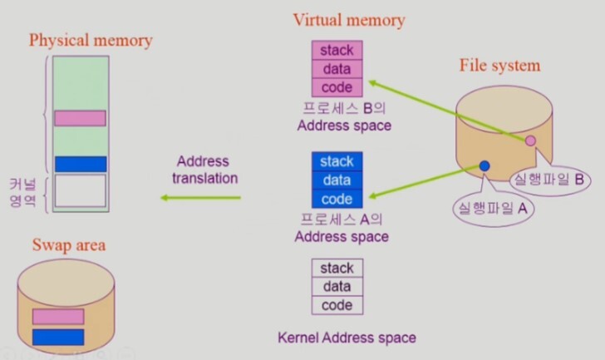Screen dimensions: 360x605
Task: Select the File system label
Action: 499,65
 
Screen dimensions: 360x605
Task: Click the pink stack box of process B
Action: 337,50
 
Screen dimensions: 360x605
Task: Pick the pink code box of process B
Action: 337,87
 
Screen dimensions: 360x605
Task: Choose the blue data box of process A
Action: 337,180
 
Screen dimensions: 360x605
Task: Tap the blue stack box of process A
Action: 337,161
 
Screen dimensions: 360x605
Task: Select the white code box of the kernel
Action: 337,305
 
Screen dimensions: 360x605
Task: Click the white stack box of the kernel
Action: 337,268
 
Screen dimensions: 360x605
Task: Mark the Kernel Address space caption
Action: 347,338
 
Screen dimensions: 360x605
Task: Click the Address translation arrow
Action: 200,197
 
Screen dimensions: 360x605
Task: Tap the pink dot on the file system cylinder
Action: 530,141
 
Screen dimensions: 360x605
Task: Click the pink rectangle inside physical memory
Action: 80,118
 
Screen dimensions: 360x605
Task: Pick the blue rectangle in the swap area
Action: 58,337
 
